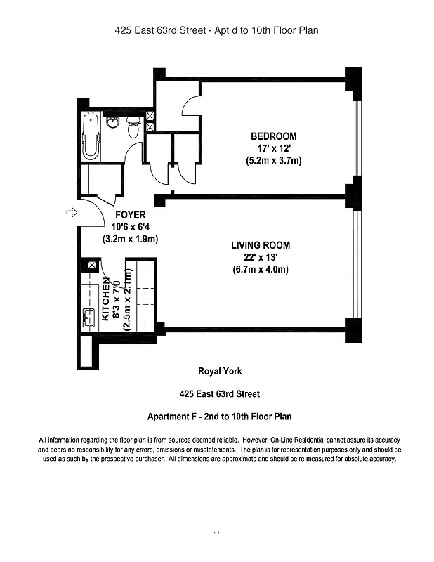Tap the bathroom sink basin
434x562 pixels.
[112, 124]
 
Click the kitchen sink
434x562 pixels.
[89, 318]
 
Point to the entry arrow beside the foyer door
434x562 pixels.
[71, 212]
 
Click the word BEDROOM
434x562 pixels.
[273, 136]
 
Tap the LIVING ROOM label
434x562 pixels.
[260, 245]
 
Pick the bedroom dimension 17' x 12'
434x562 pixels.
[273, 148]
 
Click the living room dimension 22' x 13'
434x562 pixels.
[260, 257]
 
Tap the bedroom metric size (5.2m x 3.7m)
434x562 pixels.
[273, 160]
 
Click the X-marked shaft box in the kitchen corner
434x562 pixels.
[91, 265]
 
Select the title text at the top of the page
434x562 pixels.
[217, 30]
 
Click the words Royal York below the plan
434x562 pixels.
[219, 372]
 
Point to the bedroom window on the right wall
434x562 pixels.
[356, 133]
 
